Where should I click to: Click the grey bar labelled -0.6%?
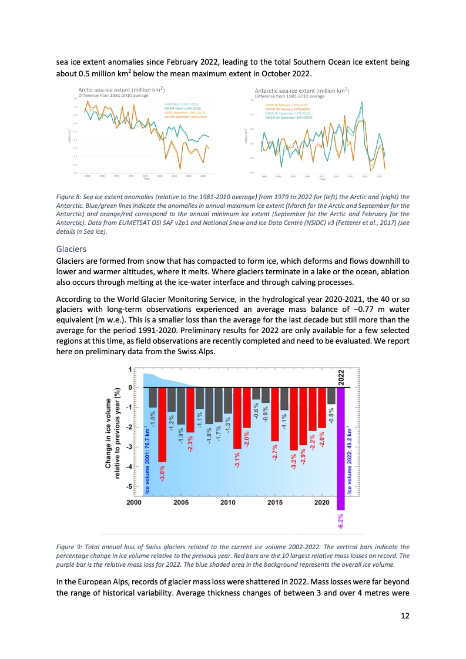256,394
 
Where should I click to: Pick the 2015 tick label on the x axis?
275,503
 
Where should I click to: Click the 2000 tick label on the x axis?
133,503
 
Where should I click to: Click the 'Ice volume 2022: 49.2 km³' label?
350,459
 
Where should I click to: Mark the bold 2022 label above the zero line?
341,376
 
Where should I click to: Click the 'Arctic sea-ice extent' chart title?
120,90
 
